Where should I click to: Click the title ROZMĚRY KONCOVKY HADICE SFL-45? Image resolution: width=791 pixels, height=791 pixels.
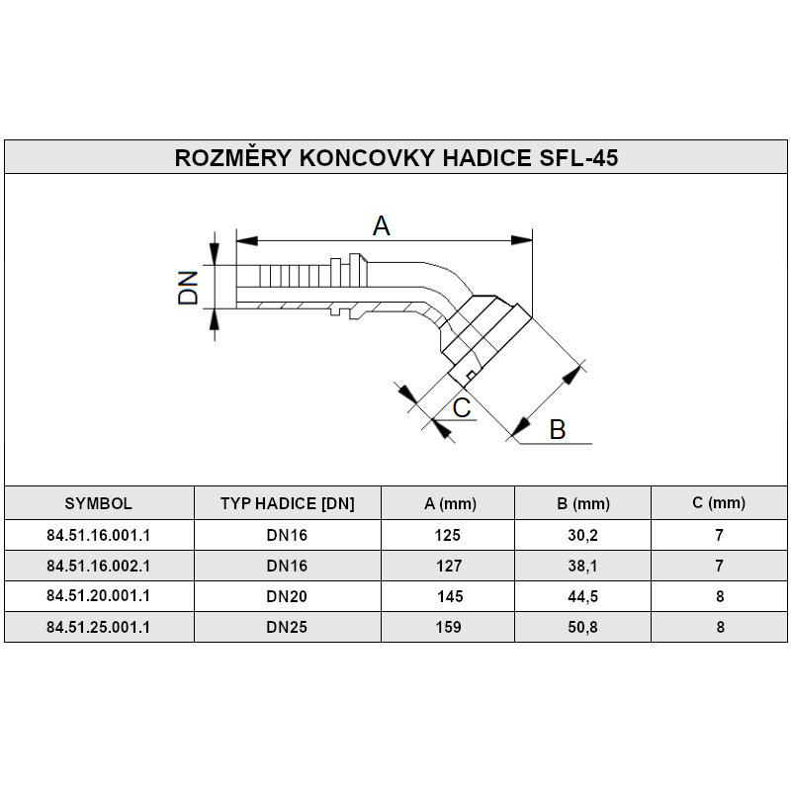coord(396,158)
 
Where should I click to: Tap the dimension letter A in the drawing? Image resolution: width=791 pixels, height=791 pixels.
coord(382,225)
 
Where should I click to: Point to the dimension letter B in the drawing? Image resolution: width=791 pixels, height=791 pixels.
coord(557,429)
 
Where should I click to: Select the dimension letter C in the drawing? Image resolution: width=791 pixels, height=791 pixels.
coord(461,407)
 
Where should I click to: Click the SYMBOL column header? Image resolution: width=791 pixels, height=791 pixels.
coord(98,502)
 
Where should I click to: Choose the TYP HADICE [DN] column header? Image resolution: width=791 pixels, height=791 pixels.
coord(287,502)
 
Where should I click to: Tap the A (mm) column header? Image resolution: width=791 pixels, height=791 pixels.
coord(450,503)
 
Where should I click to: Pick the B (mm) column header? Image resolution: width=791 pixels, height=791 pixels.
coord(583,503)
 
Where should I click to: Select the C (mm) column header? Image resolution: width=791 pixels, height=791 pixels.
coord(719,502)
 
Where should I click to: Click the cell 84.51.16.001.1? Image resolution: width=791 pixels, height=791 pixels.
coord(98,535)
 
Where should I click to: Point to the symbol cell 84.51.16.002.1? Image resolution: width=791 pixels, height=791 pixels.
coord(98,566)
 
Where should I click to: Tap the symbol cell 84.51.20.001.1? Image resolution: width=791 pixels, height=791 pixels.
coord(98,596)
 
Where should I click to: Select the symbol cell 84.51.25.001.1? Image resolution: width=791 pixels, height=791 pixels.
coord(98,627)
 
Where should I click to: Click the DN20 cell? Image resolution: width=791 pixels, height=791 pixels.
coord(287,596)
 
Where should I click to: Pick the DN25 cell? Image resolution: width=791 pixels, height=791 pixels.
coord(287,627)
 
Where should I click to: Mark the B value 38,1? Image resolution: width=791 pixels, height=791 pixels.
coord(583,566)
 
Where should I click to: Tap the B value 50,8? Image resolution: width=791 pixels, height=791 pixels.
coord(583,627)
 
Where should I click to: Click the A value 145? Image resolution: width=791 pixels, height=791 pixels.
coord(451,596)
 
